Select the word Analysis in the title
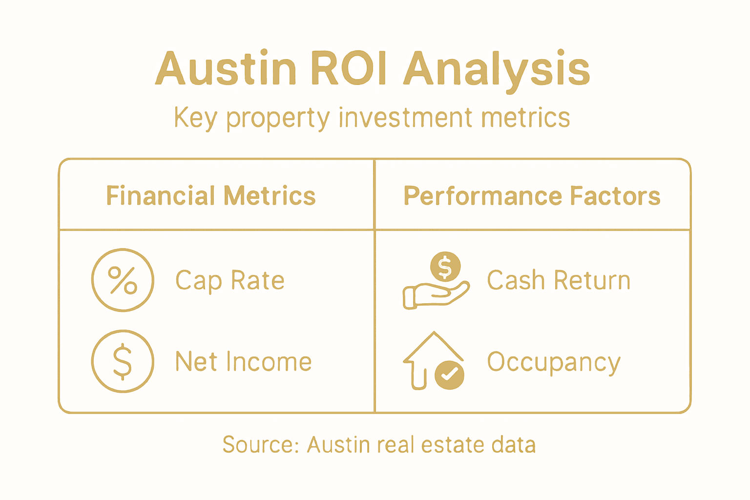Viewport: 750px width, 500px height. click(x=497, y=69)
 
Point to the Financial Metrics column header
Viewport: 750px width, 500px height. click(x=211, y=196)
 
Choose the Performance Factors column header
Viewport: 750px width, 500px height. click(x=532, y=196)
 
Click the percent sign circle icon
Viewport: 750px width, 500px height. click(x=123, y=280)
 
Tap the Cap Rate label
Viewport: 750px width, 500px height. click(x=229, y=281)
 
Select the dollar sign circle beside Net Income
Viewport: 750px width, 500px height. click(x=123, y=361)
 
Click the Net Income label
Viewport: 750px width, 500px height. click(x=243, y=362)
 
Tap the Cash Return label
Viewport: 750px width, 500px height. click(x=559, y=280)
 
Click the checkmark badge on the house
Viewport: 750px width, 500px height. click(x=449, y=375)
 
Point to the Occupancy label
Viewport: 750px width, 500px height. click(x=554, y=363)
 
